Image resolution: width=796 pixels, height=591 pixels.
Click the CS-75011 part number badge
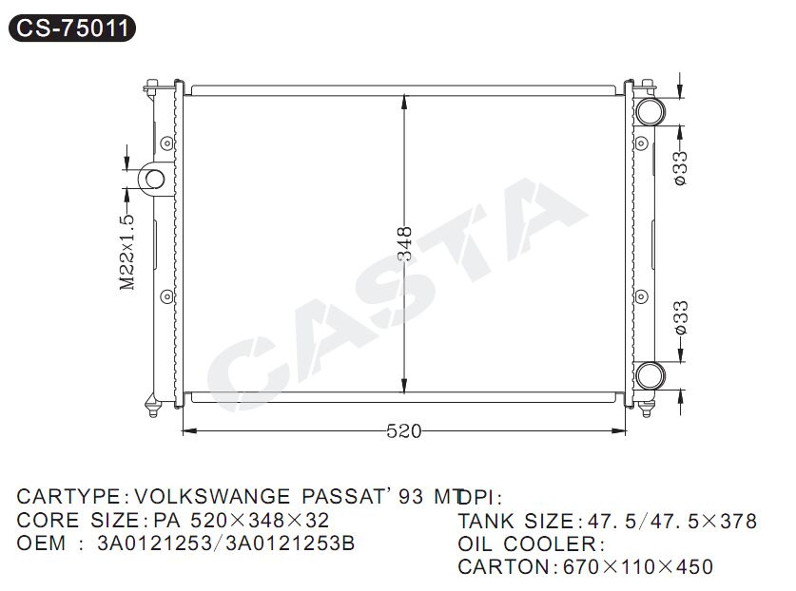[x=72, y=28]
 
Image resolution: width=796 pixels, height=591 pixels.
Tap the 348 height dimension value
[x=404, y=244]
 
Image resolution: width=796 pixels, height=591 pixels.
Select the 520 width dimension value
[x=403, y=431]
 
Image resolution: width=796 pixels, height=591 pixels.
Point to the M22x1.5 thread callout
[x=127, y=252]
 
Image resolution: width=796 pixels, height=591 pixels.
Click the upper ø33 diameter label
[x=680, y=168]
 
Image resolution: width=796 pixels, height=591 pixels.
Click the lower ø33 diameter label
[x=680, y=317]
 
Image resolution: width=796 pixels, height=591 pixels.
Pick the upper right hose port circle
[x=650, y=111]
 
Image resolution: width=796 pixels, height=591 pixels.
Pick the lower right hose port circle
[x=650, y=376]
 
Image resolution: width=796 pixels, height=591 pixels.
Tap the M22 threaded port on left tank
[x=154, y=179]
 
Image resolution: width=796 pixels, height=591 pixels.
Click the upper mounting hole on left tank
[x=166, y=143]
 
